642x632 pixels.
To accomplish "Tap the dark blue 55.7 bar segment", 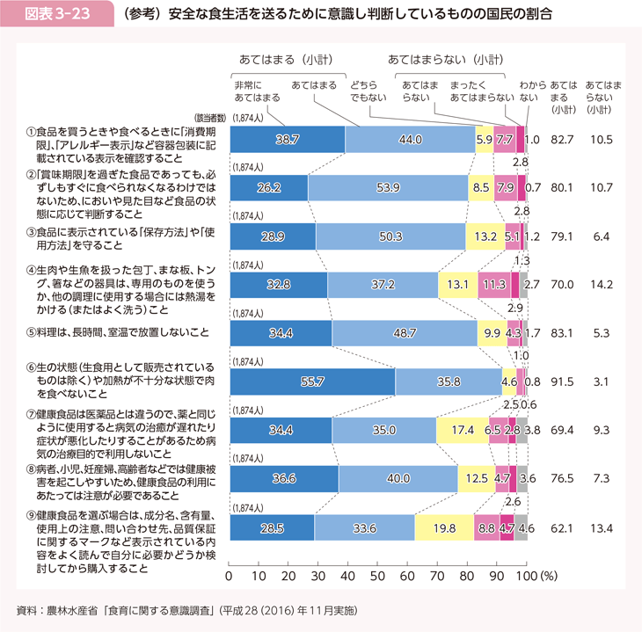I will pos(312,382).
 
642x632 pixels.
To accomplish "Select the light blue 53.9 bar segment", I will pos(387,188).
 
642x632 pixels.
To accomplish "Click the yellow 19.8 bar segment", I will pos(443,528).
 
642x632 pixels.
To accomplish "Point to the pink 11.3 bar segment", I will pos(492,285).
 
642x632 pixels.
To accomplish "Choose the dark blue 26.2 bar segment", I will pos(268,188).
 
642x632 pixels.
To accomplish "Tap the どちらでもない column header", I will pos(365,91).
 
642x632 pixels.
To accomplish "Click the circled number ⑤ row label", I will pos(31,333).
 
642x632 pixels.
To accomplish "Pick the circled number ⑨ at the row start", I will pos(31,514).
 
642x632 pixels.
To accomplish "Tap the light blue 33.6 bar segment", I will pos(364,528).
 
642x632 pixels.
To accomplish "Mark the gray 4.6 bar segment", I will pos(522,528).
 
